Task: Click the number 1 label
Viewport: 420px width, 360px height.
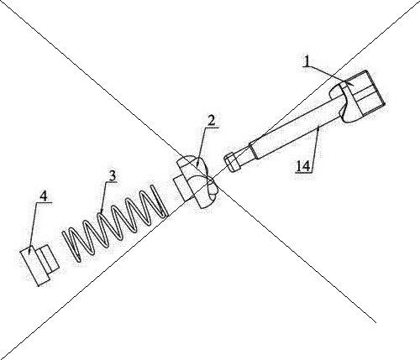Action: coord(307,61)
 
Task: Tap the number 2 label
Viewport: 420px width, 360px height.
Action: coord(211,121)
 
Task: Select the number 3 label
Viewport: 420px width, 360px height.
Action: coord(112,176)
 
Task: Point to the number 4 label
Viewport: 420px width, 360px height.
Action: coord(43,196)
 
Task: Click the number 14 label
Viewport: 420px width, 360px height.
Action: coord(303,167)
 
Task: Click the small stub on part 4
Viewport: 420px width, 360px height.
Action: coord(47,258)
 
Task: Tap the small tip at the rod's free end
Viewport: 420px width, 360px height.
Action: coord(233,162)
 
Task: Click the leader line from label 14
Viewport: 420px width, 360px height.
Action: coord(315,149)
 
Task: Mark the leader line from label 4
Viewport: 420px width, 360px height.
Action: coord(33,228)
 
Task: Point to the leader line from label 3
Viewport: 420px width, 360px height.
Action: coord(103,197)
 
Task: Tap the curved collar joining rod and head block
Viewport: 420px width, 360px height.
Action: coord(344,103)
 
